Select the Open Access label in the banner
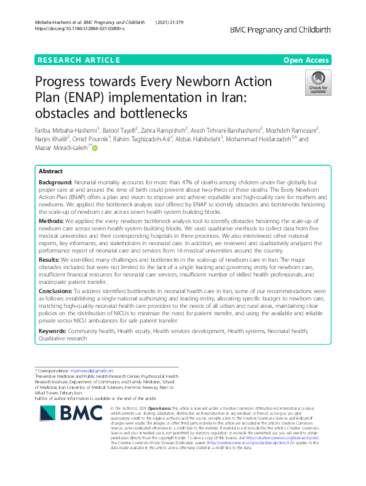pos(306,60)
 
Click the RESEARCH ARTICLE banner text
pos(79,60)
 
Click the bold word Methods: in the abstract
pos(51,220)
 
